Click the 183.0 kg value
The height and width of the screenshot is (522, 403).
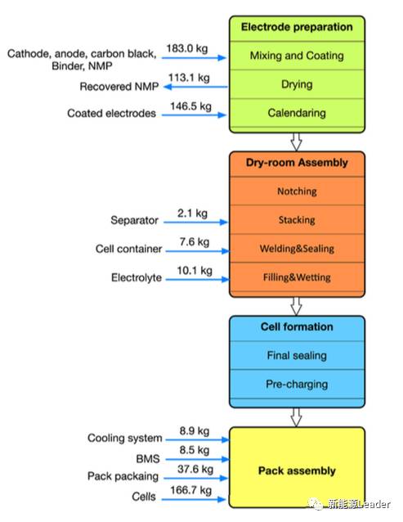click(x=187, y=48)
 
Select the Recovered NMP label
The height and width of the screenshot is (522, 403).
click(x=119, y=87)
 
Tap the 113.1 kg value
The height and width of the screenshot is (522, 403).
click(x=189, y=78)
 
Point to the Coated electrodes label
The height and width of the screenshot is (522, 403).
click(x=111, y=113)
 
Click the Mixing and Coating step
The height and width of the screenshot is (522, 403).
click(x=297, y=56)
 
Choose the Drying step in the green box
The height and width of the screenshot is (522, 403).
click(x=297, y=84)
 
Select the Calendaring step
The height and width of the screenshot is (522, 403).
click(x=297, y=113)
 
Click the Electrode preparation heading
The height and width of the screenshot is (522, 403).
click(x=297, y=27)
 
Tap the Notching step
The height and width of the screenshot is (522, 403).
click(x=297, y=191)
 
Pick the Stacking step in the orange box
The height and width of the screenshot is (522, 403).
click(x=297, y=220)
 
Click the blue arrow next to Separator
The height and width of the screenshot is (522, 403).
click(x=195, y=222)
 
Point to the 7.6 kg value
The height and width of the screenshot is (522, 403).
click(x=195, y=241)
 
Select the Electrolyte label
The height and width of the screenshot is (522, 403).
click(x=137, y=277)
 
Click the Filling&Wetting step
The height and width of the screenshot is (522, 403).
click(x=297, y=277)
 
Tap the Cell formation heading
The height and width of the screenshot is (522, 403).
click(x=297, y=326)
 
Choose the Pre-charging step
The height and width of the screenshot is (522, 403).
click(x=297, y=385)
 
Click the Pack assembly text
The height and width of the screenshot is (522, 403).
click(x=297, y=470)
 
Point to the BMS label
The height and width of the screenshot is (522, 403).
click(x=148, y=459)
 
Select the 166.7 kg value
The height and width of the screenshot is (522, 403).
click(x=190, y=490)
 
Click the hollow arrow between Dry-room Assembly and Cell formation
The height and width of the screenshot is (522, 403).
click(x=296, y=306)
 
